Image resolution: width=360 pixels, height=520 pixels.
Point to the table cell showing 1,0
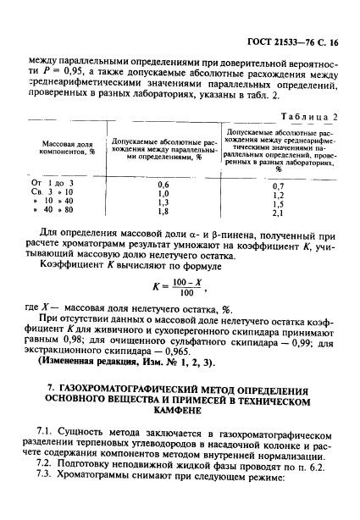pyautogui.click(x=163, y=194)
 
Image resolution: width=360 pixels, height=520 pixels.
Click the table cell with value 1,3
pyautogui.click(x=163, y=204)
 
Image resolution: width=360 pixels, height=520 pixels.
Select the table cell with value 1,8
pyautogui.click(x=163, y=214)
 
